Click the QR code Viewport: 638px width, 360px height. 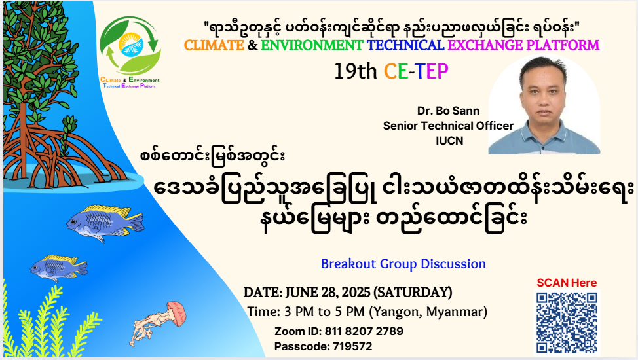[567, 323]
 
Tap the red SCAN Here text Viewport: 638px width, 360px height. [567, 283]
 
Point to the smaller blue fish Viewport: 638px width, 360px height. [58, 268]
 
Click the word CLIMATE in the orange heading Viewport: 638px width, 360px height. [214, 45]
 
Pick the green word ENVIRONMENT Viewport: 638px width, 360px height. [312, 45]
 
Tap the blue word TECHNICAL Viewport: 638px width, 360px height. [405, 45]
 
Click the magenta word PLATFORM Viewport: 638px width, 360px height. [563, 45]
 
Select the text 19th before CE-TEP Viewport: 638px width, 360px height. [355, 71]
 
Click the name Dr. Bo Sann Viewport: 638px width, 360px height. [448, 111]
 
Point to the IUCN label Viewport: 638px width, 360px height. [449, 141]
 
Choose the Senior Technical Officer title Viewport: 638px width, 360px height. [448, 126]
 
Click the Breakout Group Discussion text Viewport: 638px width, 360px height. [403, 264]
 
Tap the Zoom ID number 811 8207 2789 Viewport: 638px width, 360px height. [364, 331]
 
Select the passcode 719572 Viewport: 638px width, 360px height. [352, 346]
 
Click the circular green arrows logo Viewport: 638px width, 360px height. [130, 46]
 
